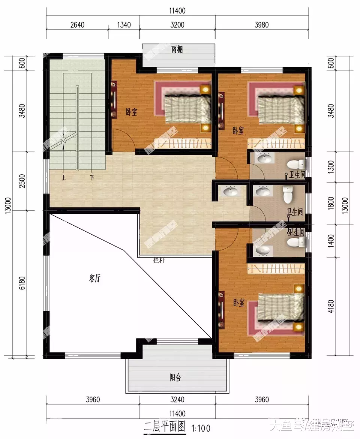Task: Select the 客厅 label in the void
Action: coord(94,279)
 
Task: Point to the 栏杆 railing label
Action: coord(159,260)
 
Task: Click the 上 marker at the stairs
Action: coord(64,178)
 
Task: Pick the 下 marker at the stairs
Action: coord(91,178)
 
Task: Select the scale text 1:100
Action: coord(201,427)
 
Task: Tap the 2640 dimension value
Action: coord(77,25)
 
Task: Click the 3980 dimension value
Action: coord(262,25)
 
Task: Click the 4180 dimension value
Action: coord(330,306)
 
